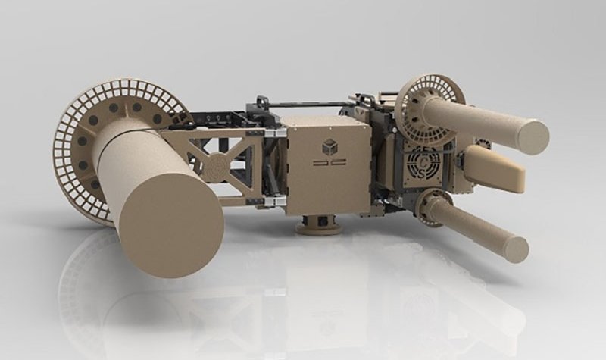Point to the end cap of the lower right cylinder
click(x=516, y=249)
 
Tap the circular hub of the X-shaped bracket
click(x=217, y=163)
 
